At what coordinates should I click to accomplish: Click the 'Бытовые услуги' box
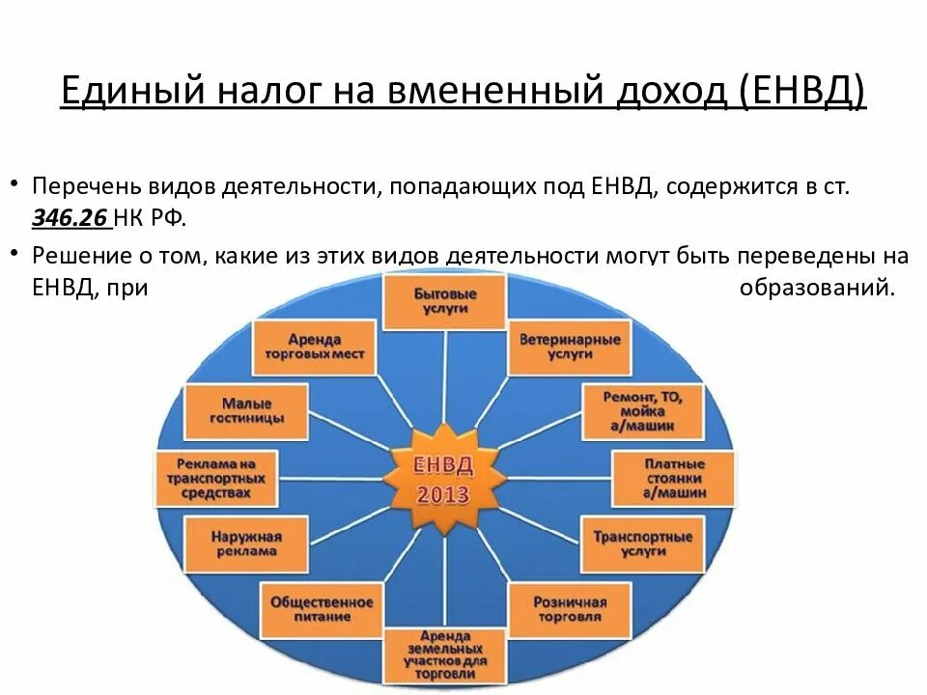coord(444,300)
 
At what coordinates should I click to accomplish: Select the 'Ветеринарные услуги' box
coord(569,347)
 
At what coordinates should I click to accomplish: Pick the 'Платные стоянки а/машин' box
coord(673,478)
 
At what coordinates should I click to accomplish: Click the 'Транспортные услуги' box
coord(641,543)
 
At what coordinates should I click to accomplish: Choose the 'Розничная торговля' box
coord(569,609)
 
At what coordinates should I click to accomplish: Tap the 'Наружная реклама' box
coord(245,543)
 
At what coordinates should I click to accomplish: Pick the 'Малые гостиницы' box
coord(245,411)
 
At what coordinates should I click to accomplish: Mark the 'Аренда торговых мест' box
coord(314,347)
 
